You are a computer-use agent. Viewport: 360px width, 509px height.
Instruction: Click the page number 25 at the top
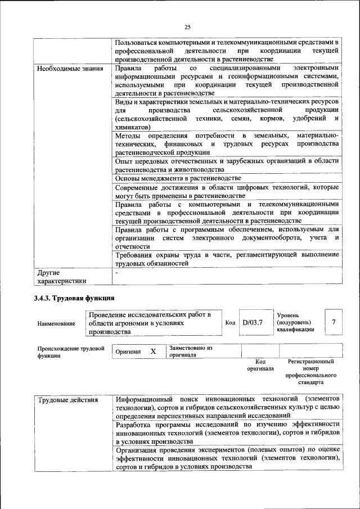tap(187, 26)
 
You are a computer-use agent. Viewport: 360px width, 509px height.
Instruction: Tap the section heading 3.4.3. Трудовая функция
tap(74, 298)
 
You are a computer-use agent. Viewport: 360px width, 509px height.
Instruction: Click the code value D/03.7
tap(253, 323)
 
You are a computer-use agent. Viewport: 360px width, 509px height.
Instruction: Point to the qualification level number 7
tap(334, 322)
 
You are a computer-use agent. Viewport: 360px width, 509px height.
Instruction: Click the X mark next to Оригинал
tap(152, 352)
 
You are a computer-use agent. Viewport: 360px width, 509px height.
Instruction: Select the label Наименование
tap(56, 324)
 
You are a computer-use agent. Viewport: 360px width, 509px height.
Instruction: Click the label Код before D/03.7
tap(230, 323)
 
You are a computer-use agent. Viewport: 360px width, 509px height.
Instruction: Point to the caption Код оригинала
tap(260, 365)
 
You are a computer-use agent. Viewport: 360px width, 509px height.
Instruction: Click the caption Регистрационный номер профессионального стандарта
tap(310, 372)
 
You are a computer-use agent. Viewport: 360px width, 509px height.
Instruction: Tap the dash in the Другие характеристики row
tap(116, 272)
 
